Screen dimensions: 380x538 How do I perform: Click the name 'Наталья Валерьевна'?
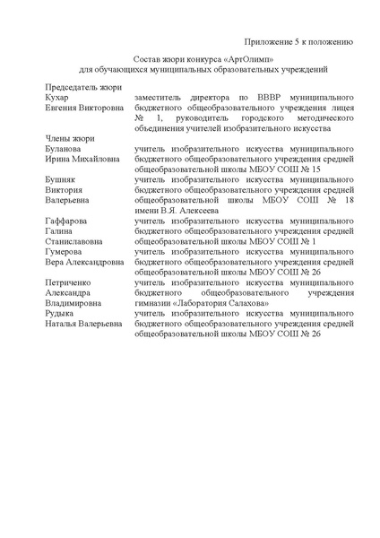pyautogui.click(x=83, y=325)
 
